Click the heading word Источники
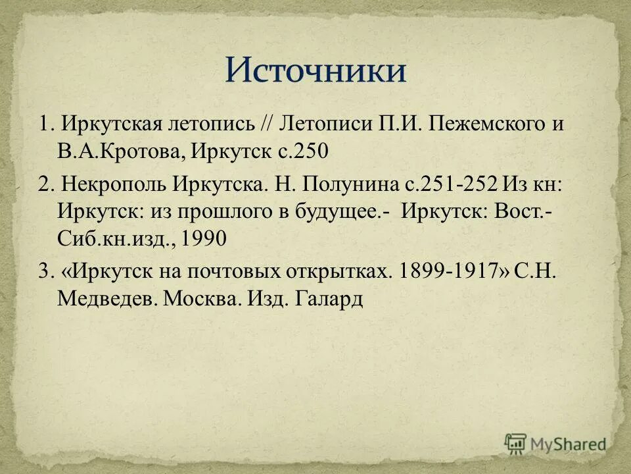[315, 70]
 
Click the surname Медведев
[105, 300]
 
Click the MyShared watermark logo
[555, 444]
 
